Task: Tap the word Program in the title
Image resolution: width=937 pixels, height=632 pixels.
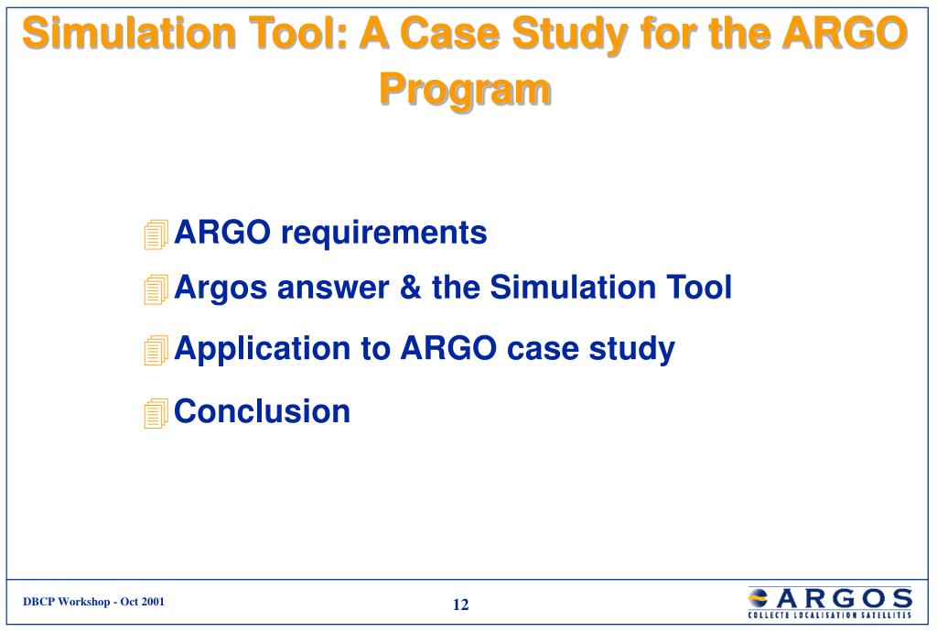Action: click(465, 90)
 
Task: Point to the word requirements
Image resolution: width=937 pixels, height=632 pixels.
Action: click(383, 234)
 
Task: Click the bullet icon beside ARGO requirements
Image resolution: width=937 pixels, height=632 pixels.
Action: click(156, 234)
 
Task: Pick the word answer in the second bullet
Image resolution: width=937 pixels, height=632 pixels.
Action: click(333, 288)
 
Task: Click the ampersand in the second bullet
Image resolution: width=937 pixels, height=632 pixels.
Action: click(410, 287)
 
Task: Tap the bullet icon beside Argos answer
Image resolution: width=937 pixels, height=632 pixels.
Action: click(156, 289)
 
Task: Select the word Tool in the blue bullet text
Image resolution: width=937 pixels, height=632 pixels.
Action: click(699, 287)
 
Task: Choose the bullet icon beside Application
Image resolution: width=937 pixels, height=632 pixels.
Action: click(156, 351)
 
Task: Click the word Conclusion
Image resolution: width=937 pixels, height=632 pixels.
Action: click(263, 411)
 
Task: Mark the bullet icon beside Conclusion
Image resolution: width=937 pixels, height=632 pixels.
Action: click(156, 413)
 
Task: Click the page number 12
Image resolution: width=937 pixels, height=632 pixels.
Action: click(461, 605)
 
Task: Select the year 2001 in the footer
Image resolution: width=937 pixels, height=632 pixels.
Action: click(153, 602)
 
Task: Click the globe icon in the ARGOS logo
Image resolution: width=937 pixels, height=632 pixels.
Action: click(759, 597)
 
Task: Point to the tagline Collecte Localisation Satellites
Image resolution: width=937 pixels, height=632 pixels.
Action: click(830, 615)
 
